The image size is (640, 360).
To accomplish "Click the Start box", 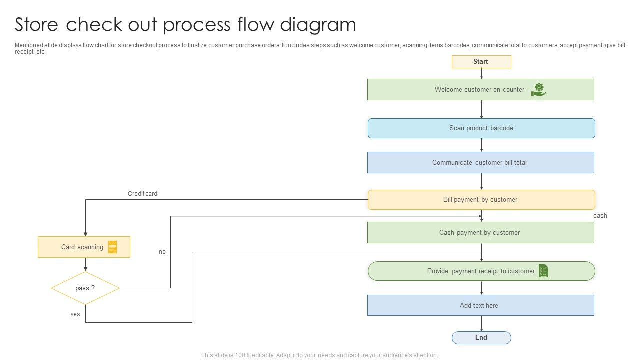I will tap(481, 62).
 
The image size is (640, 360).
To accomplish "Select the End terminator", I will tap(481, 338).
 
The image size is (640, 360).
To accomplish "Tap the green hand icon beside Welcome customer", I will tap(538, 90).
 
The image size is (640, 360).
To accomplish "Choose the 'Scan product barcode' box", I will tap(481, 128).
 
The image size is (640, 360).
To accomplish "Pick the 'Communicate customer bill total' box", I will tap(480, 163).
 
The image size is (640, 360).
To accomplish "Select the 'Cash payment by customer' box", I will tap(480, 233).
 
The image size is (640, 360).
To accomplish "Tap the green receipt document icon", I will tap(543, 271).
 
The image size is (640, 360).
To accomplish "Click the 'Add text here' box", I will tap(480, 305).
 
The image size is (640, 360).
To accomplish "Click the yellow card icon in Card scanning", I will tap(113, 247).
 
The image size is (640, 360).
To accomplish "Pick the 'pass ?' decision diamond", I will tap(85, 288).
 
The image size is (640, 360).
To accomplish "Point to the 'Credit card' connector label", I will tap(142, 194).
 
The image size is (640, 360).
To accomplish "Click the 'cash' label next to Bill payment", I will tap(600, 216).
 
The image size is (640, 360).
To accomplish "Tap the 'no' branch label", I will tap(162, 252).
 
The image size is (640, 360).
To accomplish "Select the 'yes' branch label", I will tap(75, 315).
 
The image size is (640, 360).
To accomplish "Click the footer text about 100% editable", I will tap(319, 355).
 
